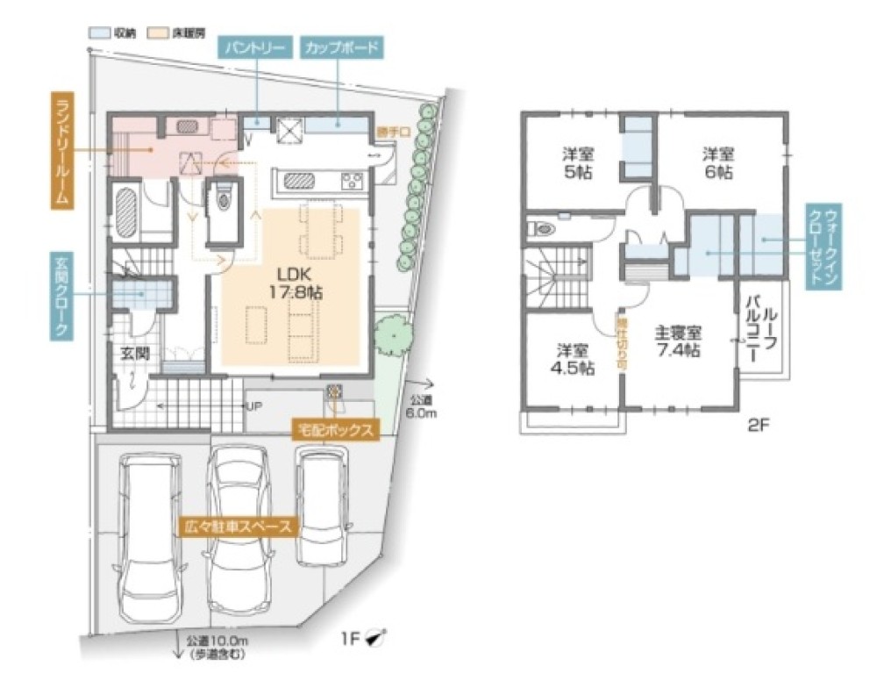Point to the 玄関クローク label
(x=61, y=294)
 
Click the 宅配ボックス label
(x=337, y=430)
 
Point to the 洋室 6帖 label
(x=717, y=163)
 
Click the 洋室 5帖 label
(x=578, y=163)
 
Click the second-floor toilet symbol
(x=542, y=229)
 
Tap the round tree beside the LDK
(x=393, y=333)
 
